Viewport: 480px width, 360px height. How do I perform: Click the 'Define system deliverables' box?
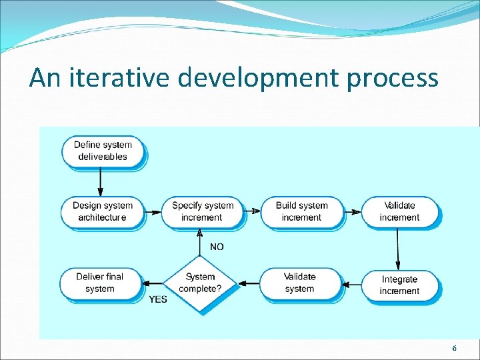pyautogui.click(x=103, y=151)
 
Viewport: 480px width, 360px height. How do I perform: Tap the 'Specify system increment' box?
pyautogui.click(x=202, y=211)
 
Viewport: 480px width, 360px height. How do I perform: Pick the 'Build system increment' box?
pyautogui.click(x=301, y=211)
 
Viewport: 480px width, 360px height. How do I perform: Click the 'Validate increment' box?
pyautogui.click(x=399, y=211)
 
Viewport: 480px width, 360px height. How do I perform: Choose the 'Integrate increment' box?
pyautogui.click(x=399, y=285)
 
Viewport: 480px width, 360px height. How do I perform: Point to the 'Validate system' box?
pyautogui.click(x=299, y=283)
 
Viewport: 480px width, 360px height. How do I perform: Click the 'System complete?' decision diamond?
pyautogui.click(x=201, y=283)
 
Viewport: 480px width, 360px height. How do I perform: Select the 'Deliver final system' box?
pyautogui.click(x=100, y=283)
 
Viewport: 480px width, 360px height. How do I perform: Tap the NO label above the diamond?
pyautogui.click(x=217, y=247)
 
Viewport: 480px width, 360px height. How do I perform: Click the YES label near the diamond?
pyautogui.click(x=158, y=299)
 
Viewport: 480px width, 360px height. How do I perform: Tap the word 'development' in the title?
pyautogui.click(x=259, y=79)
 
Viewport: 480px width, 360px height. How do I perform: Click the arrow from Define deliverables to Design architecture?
pyautogui.click(x=101, y=180)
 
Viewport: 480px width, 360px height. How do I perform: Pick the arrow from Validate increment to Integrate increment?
pyautogui.click(x=398, y=247)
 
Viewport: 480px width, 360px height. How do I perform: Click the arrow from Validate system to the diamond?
pyautogui.click(x=249, y=283)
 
